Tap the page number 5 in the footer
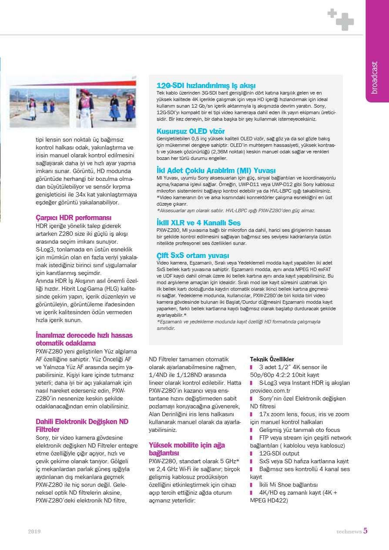366,530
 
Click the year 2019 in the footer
34,531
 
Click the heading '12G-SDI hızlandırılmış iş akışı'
206,85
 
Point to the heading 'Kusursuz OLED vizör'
190,131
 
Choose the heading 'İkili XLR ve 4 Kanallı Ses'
198,223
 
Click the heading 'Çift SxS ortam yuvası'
192,255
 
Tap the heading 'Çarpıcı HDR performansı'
73,217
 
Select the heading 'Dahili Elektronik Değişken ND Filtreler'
82,425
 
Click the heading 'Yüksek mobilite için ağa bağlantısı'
187,449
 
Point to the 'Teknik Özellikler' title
272,359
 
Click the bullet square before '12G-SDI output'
252,454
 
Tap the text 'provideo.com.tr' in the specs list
270,390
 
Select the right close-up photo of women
106,108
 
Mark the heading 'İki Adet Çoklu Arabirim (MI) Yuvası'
216,170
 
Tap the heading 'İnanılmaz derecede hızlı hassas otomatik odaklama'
84,339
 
